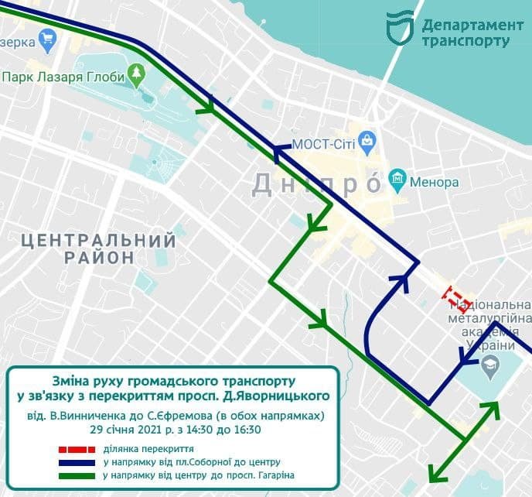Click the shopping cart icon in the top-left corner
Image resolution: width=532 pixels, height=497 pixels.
(x=49, y=37)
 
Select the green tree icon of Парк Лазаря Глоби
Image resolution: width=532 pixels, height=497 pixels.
(x=137, y=75)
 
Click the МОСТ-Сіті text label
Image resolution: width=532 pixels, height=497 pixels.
(x=323, y=145)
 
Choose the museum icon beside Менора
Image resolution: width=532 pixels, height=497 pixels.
(x=398, y=181)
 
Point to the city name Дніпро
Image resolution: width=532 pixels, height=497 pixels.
(x=317, y=184)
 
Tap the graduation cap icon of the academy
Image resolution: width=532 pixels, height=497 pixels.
(x=489, y=364)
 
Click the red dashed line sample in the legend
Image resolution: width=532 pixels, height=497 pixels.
(x=77, y=448)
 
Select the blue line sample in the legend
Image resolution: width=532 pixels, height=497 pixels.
(x=77, y=462)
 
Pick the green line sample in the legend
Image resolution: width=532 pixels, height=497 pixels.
(x=77, y=475)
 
